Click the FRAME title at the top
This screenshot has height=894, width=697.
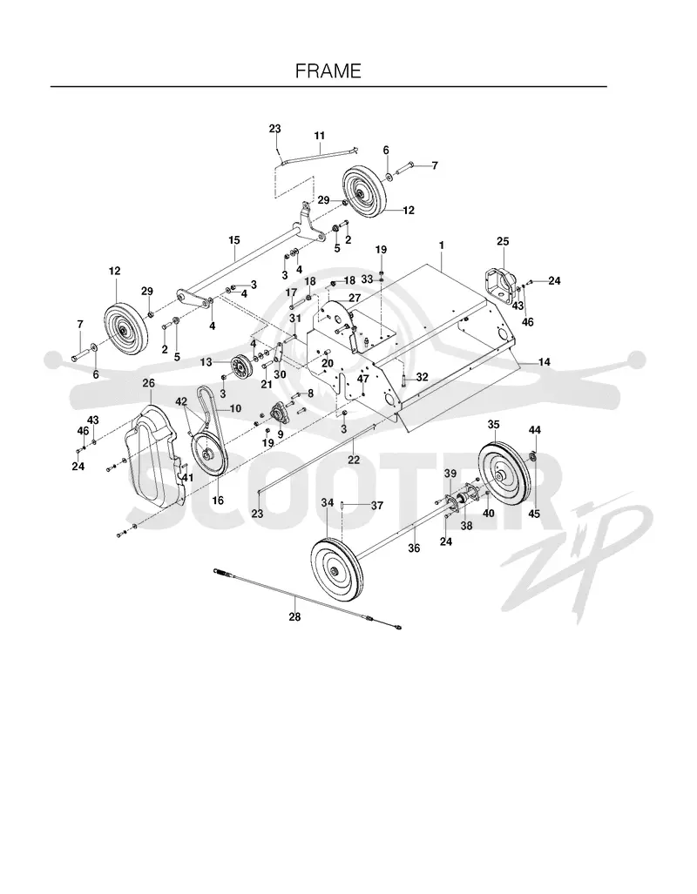click(328, 71)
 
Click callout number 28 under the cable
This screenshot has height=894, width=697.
click(294, 616)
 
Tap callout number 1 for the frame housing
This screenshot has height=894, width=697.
click(441, 245)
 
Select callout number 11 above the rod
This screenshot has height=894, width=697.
click(319, 136)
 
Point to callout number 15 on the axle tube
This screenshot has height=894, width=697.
click(234, 240)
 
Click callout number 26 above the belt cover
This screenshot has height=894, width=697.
click(148, 383)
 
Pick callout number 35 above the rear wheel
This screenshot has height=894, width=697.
click(493, 424)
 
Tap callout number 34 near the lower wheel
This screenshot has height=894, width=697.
click(327, 503)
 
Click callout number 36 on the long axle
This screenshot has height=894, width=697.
click(414, 548)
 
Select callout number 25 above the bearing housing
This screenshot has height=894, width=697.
click(503, 241)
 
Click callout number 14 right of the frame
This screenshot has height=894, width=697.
click(544, 362)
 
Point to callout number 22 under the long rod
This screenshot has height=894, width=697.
click(354, 460)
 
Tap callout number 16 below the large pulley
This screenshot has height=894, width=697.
click(218, 501)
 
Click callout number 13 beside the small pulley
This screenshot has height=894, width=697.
click(206, 362)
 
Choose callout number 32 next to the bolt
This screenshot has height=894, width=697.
click(422, 378)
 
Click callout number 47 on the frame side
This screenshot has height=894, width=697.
click(363, 378)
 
